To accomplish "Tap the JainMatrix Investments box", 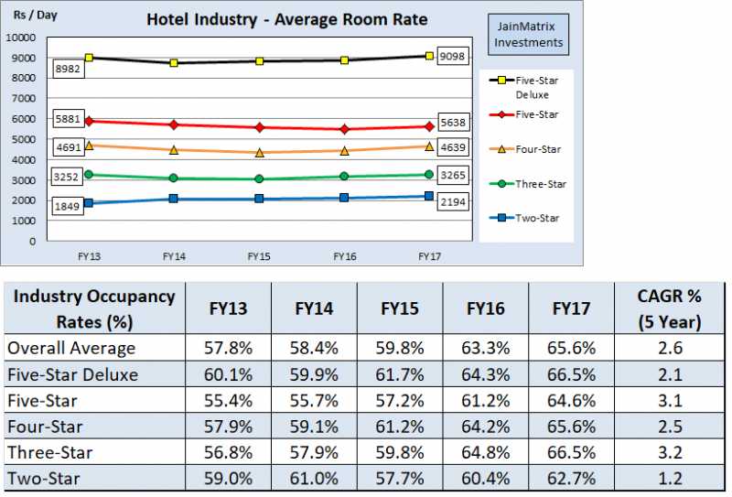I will (526, 33).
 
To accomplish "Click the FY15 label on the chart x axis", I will (259, 257).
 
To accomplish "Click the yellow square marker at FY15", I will (259, 61).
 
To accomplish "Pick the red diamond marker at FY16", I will (344, 129).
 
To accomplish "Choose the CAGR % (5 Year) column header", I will (670, 308).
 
